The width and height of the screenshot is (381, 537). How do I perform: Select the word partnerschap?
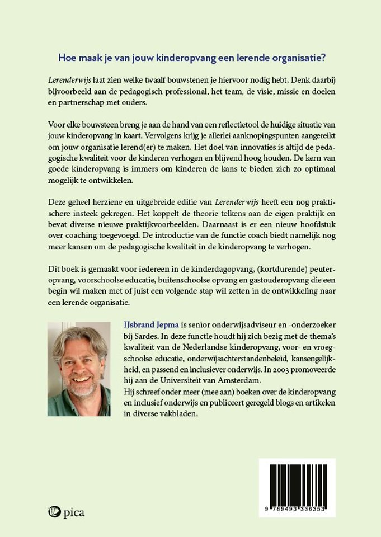[x=84, y=103]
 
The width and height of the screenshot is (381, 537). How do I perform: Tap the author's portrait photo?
[x=79, y=369]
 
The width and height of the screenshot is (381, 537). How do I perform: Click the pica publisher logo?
[x=66, y=512]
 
